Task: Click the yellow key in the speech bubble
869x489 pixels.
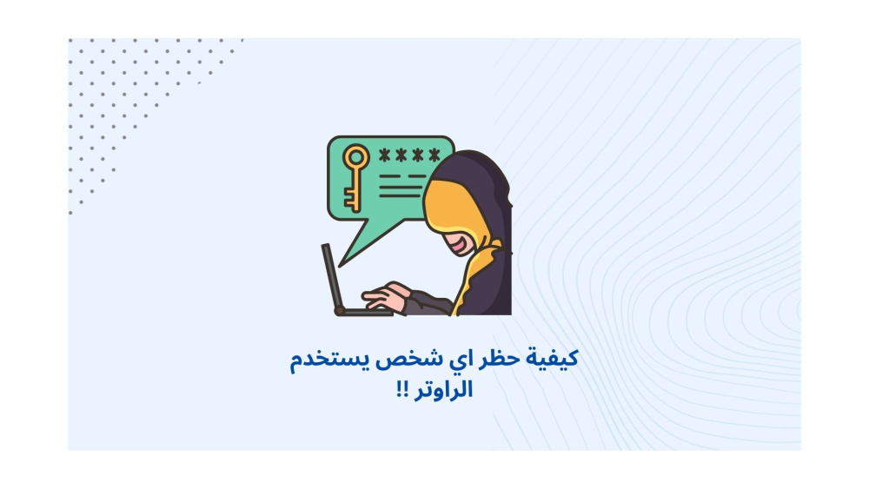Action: [x=355, y=178]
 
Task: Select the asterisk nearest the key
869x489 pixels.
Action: [x=384, y=155]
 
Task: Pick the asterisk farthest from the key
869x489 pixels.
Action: [x=434, y=155]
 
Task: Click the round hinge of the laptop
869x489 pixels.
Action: [x=339, y=311]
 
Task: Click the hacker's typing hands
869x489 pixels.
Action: [x=387, y=297]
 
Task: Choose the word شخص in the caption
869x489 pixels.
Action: [x=410, y=359]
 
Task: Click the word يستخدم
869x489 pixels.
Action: [x=329, y=360]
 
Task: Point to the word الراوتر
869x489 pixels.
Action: [x=444, y=390]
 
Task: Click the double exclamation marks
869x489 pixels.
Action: [x=402, y=389]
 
